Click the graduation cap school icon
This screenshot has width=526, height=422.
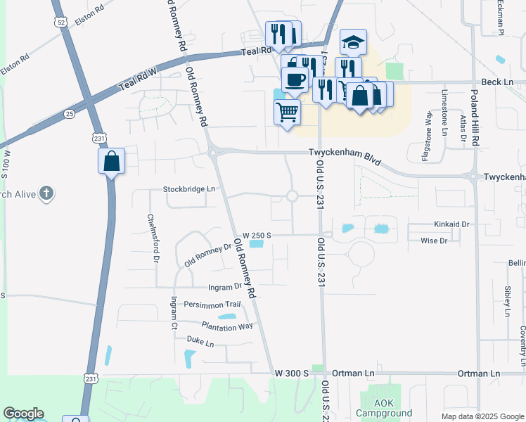(x=354, y=42)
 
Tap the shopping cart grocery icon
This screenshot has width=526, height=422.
(x=287, y=111)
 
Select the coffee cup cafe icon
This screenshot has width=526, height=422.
(x=295, y=79)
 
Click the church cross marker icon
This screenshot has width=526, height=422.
(x=46, y=193)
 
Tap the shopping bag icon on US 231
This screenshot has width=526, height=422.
(x=112, y=161)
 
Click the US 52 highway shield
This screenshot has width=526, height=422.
(x=61, y=23)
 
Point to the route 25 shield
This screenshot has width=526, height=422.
(x=69, y=113)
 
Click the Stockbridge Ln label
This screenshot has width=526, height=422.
(x=189, y=189)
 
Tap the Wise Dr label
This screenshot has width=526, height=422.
(x=433, y=241)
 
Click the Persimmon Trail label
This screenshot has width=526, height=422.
(x=212, y=305)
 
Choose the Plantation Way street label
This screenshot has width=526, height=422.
(x=226, y=326)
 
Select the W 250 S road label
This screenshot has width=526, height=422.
(x=257, y=235)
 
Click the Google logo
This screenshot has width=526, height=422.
(x=23, y=414)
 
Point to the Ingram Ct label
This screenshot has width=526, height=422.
(x=174, y=314)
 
